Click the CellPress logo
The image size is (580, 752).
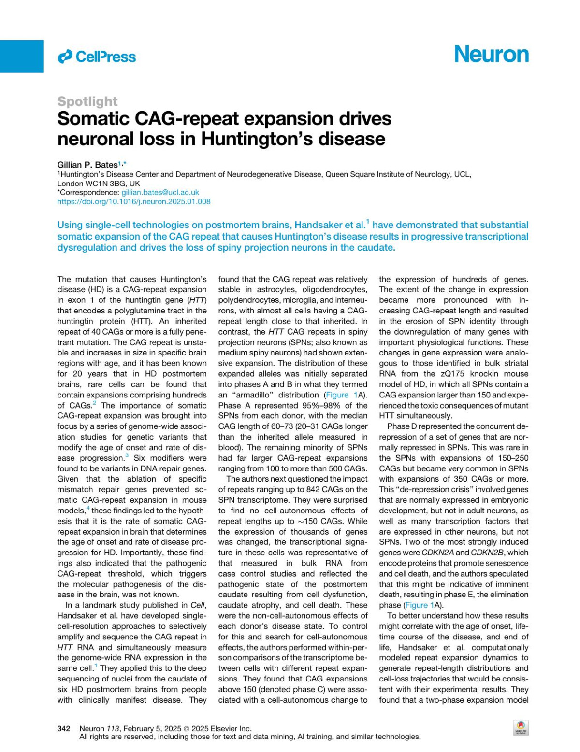97,57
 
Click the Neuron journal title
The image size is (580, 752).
491,54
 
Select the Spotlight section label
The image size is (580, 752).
87,101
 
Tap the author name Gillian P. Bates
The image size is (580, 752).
87,165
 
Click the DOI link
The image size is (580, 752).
134,202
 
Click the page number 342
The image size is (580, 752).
64,729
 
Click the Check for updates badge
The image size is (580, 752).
521,727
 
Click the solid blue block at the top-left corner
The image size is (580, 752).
22,56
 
